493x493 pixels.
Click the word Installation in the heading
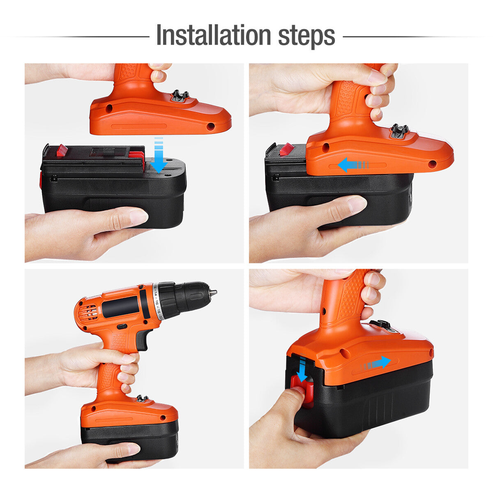(213, 36)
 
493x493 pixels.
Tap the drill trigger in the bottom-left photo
(143, 339)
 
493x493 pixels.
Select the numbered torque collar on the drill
(157, 301)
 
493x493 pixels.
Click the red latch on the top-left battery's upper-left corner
(62, 150)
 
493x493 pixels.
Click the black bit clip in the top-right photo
(399, 131)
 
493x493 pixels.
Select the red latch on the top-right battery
(286, 149)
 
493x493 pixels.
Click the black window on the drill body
(120, 306)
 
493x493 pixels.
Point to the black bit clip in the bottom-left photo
(142, 398)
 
